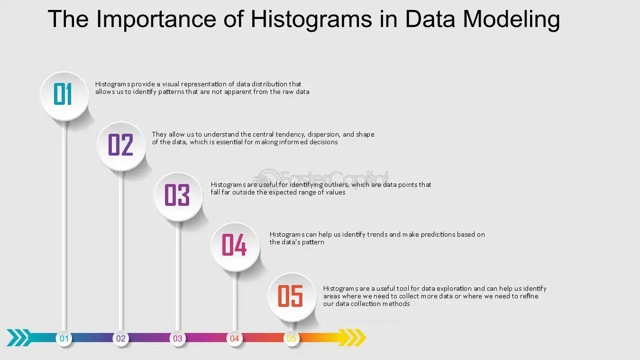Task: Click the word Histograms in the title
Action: click(311, 19)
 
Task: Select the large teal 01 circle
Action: click(64, 96)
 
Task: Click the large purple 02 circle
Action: click(121, 146)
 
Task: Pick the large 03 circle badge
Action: click(178, 196)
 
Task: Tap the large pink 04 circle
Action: click(235, 247)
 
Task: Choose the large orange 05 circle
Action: click(292, 297)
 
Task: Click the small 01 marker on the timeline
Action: click(64, 338)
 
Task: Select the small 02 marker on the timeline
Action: click(121, 338)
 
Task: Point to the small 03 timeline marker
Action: click(178, 338)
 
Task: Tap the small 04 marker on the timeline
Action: click(235, 338)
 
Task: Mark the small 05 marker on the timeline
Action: click(292, 338)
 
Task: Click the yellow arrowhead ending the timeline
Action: click(352, 338)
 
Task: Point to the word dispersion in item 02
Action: click(324, 135)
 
